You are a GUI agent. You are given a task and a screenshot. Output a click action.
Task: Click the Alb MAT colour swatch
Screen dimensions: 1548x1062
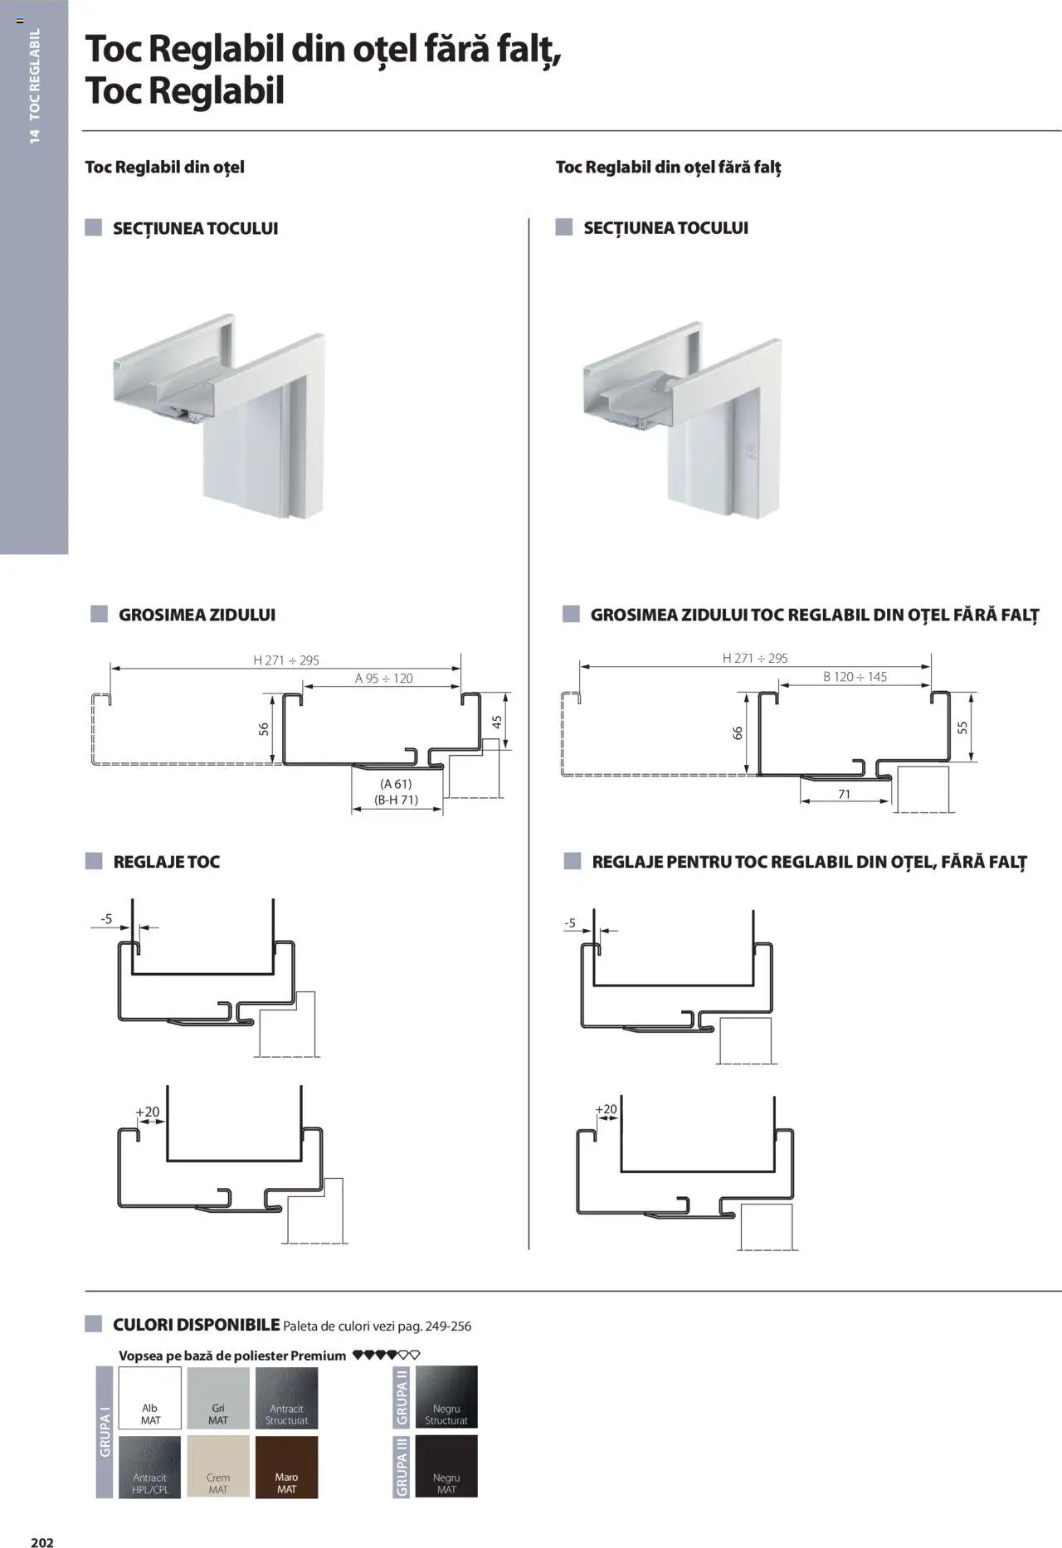coord(150,1398)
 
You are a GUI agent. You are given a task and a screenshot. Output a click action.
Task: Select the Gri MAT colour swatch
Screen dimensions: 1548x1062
coord(218,1398)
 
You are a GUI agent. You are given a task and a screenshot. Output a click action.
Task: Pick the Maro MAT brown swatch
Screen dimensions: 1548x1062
coord(286,1467)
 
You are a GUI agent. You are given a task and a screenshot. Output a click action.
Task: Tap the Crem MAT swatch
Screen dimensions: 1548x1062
coord(218,1467)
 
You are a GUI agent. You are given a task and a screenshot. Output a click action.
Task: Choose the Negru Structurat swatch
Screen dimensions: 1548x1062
coord(446,1398)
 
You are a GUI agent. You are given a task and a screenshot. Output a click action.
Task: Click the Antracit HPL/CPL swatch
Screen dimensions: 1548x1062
coord(150,1467)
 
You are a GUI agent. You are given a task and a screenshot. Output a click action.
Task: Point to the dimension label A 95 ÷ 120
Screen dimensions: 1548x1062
coord(383,678)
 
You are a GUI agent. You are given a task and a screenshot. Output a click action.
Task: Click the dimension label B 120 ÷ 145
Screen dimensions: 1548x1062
coord(855,677)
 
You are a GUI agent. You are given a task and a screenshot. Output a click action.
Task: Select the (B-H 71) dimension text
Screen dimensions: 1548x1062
coord(397,800)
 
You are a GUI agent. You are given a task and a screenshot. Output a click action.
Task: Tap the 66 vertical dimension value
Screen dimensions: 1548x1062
coord(738,733)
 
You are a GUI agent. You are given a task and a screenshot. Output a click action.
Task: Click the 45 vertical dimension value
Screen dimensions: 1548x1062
coord(497,723)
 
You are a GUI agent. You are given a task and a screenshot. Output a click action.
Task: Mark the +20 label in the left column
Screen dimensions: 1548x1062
coord(148,1112)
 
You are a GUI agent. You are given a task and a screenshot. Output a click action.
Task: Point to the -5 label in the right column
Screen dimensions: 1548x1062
coord(570,923)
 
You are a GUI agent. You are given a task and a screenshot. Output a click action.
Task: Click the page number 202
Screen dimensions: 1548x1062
coord(42,1541)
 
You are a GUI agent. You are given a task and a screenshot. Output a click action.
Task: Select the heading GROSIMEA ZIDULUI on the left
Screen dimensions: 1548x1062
coord(197,615)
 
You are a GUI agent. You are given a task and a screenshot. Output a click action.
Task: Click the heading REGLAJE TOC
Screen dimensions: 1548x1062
coord(166,861)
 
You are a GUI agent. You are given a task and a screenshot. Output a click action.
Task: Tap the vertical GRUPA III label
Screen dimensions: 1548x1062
coord(402,1467)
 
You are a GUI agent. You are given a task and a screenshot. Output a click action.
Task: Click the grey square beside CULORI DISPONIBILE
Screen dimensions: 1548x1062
coord(94,1324)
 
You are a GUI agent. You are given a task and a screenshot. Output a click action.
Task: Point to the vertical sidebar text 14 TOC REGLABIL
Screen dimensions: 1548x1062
coord(34,85)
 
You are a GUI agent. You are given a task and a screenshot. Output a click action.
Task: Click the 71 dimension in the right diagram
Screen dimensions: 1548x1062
coord(844,794)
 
